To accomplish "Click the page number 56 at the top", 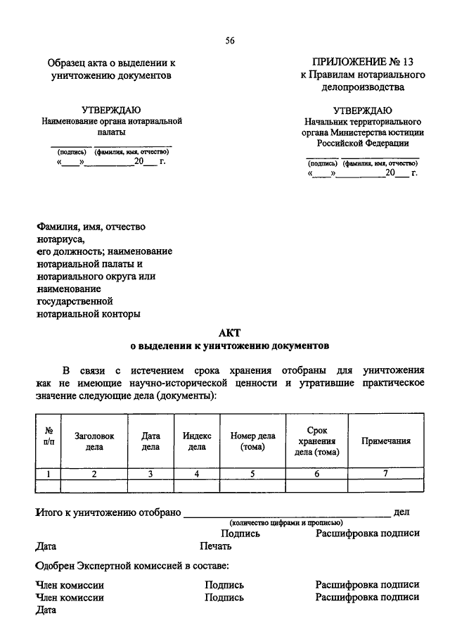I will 229,40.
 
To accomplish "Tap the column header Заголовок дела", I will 94,441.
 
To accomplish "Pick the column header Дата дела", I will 150,441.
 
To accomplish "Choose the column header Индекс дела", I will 198,441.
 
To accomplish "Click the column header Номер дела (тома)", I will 252,441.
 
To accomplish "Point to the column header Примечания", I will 386,441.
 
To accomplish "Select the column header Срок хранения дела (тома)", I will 317,441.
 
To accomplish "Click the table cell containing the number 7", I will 386,474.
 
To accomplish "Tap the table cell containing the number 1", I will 49,474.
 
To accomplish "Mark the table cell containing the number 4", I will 198,474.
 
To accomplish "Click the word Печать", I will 216,545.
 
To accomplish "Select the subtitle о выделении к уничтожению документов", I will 230,346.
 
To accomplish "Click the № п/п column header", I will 49,441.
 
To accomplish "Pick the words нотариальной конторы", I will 88,314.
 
